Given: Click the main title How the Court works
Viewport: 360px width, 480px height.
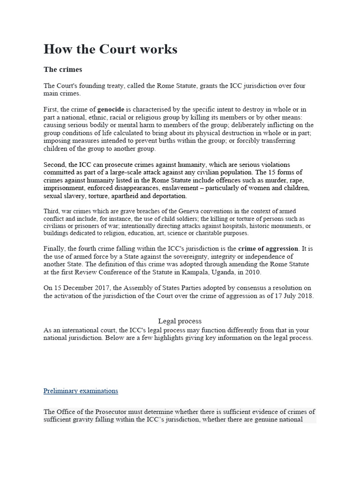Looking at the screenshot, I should pyautogui.click(x=111, y=49).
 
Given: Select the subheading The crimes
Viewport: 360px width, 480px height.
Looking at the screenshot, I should pyautogui.click(x=63, y=69).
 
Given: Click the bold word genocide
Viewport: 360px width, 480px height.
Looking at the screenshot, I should pyautogui.click(x=111, y=109).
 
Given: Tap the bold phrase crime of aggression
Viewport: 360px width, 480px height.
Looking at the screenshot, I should pyautogui.click(x=268, y=248).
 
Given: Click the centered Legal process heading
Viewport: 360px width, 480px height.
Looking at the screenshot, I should pyautogui.click(x=180, y=321).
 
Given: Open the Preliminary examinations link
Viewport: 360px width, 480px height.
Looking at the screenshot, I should pyautogui.click(x=81, y=390).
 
